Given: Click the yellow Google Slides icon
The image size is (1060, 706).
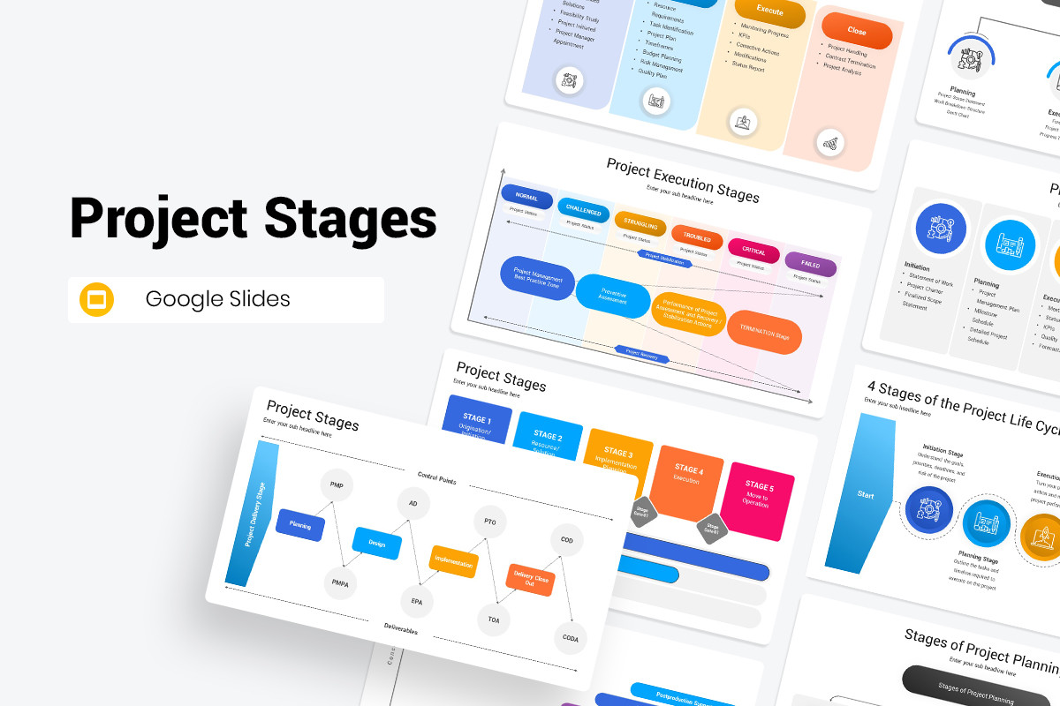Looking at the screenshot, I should coord(97,299).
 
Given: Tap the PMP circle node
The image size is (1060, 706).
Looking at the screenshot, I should coord(337,485).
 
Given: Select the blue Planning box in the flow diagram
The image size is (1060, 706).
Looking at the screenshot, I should coord(300,524).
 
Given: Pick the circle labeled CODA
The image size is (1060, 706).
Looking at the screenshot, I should coord(570,638).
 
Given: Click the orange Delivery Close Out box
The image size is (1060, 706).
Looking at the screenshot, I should coord(530,579).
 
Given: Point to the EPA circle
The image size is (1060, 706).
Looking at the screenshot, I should coord(417,601).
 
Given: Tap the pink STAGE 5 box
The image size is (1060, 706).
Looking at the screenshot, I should coord(757,500).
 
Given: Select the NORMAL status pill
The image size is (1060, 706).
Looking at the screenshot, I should coord(526,197).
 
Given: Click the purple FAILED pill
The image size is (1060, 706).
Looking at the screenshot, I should coord(810,264).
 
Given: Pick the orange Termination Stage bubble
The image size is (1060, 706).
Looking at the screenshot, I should coord(764,334).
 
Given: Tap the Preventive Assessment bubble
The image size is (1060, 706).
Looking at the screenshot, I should coord(613,295).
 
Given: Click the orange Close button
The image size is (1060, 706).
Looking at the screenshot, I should coord(856,32).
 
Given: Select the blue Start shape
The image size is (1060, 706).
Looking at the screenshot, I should coord(865,494).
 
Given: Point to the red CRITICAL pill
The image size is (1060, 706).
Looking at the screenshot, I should coord(753,252).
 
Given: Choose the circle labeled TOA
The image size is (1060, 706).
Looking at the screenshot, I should coord(493,620).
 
